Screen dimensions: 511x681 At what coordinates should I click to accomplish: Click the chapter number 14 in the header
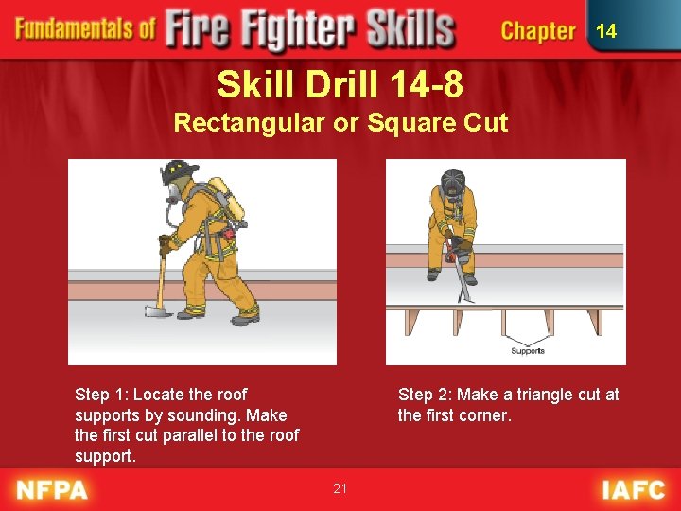point(606,31)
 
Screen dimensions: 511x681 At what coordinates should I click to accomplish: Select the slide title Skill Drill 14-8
point(340,85)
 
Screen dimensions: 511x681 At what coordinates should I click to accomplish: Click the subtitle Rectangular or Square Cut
point(340,122)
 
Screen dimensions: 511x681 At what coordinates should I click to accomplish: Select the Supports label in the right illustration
point(527,351)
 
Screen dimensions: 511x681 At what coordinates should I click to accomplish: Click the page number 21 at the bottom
point(340,488)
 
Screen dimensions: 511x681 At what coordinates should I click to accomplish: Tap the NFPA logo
point(53,489)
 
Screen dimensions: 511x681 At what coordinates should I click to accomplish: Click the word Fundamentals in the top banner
point(85,28)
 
